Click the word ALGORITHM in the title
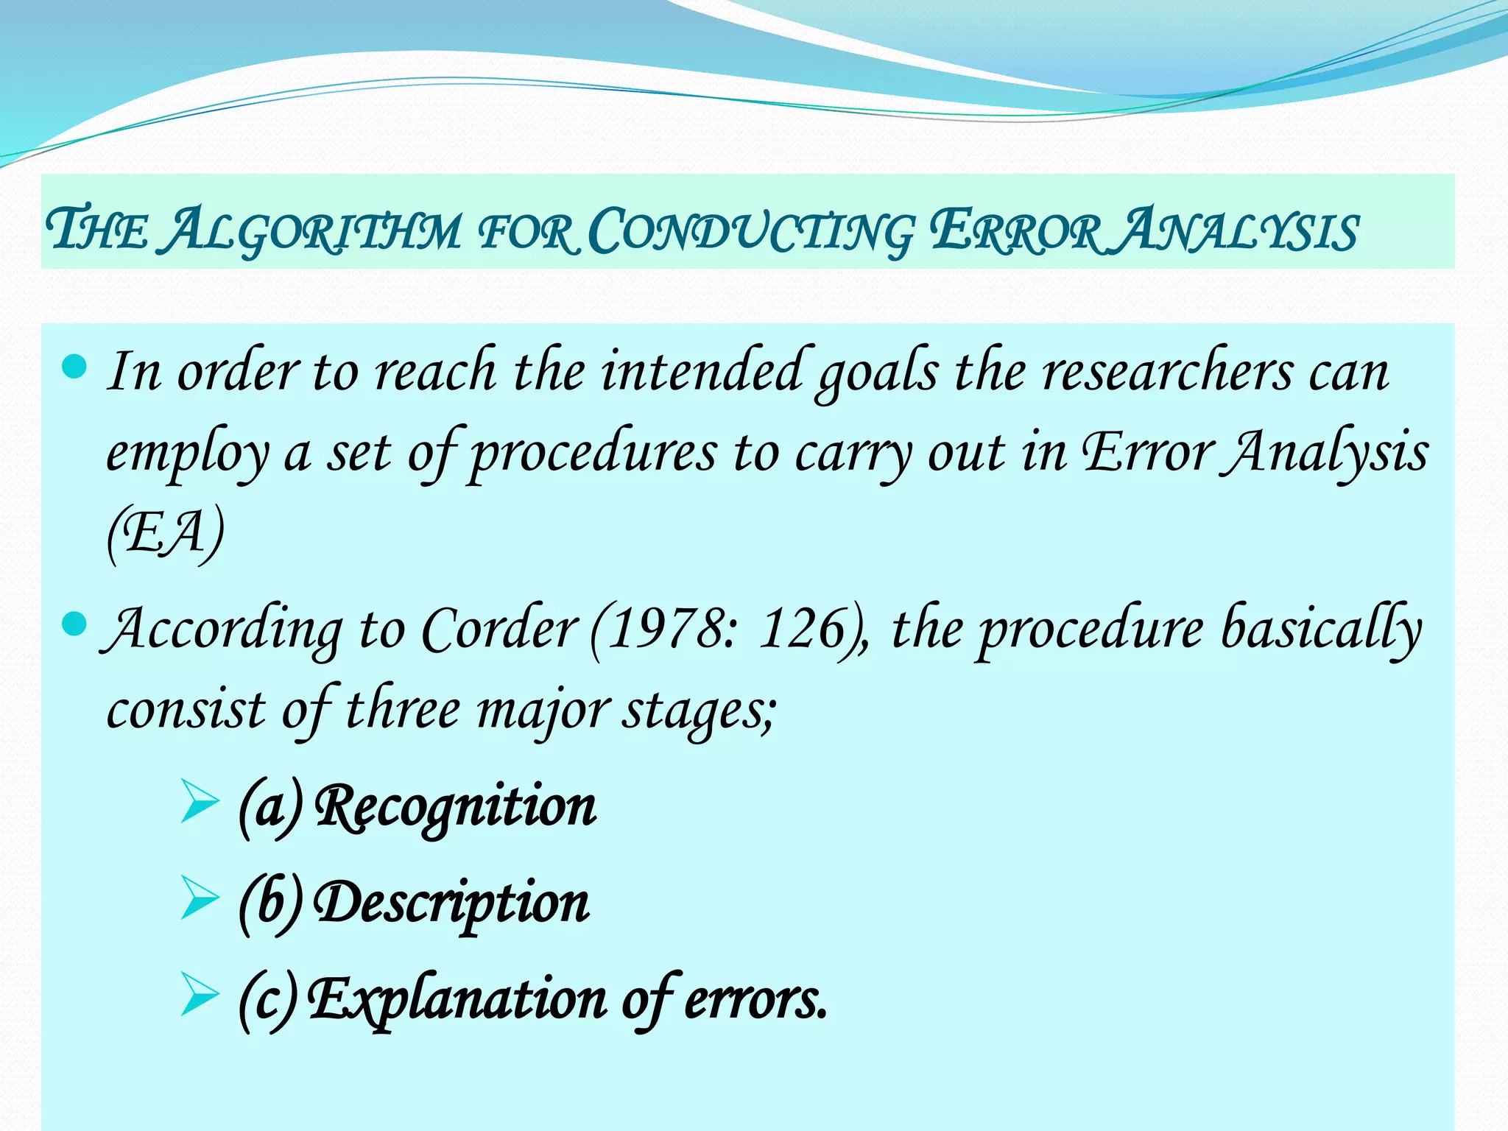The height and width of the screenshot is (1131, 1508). coord(312,230)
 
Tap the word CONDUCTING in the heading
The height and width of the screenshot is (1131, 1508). coord(751,230)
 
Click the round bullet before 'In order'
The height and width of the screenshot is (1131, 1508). coord(74,366)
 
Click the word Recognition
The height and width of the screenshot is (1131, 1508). coord(456,806)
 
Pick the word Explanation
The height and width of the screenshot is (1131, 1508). coord(457,999)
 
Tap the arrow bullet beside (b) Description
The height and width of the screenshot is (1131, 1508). coord(199,899)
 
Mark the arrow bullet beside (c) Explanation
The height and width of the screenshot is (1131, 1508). coord(199,996)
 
